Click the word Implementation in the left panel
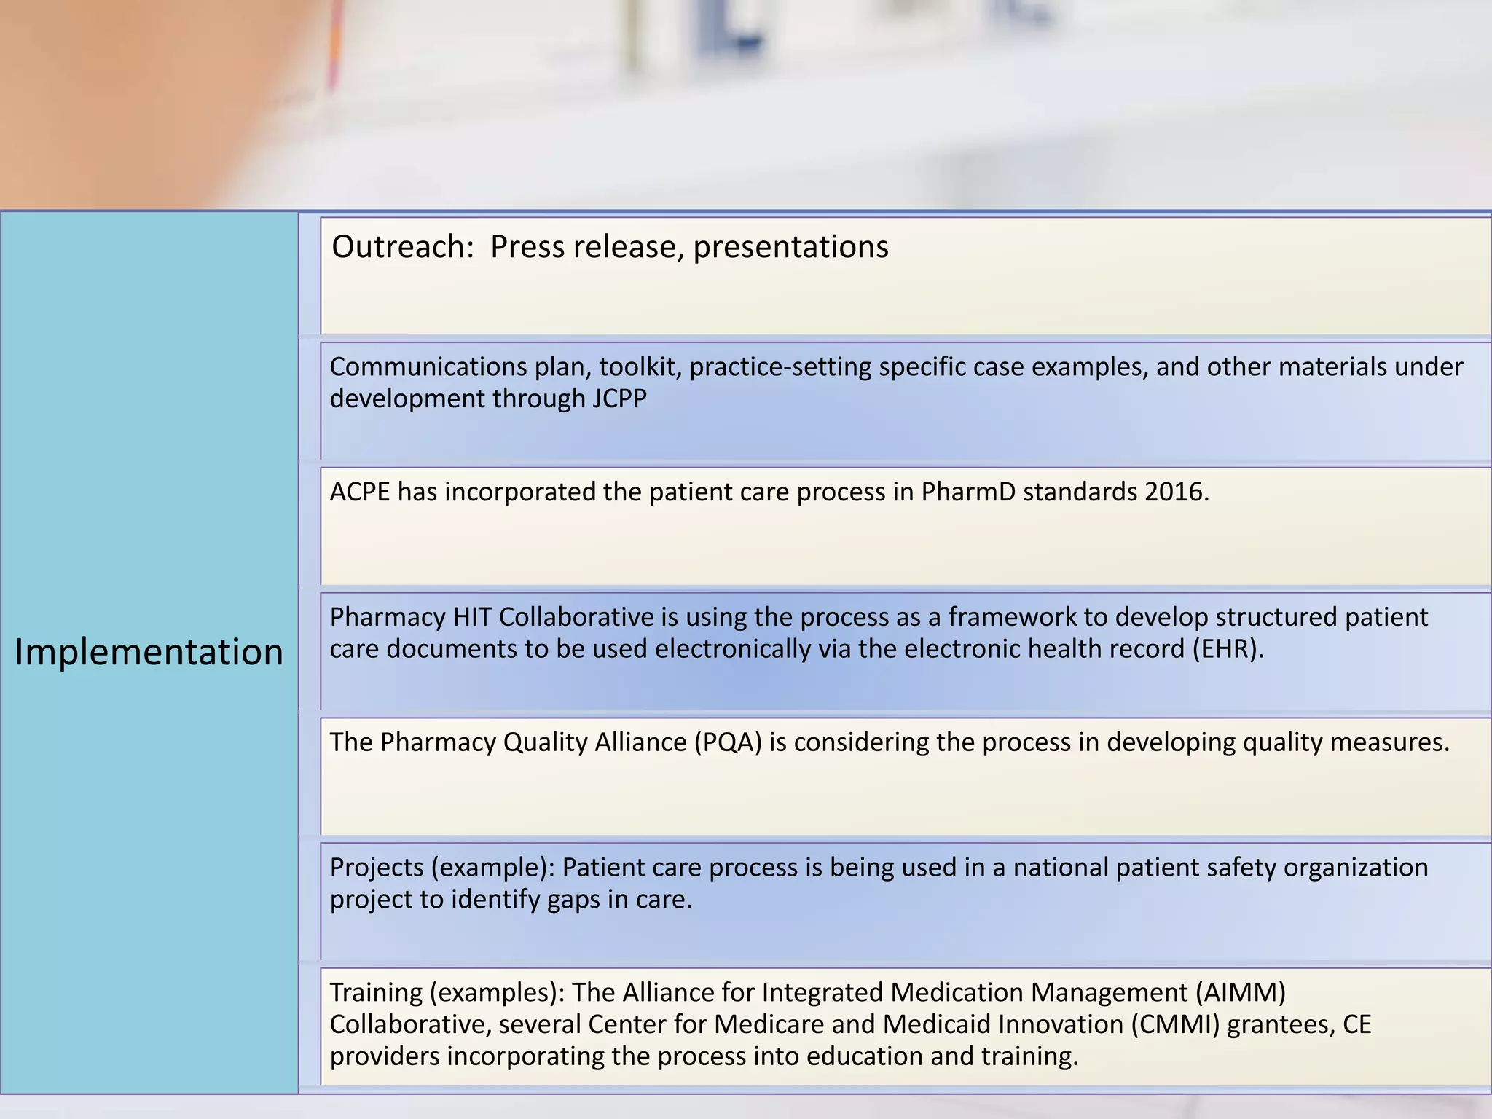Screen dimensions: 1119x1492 coord(149,651)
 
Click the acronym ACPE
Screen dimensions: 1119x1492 coord(359,492)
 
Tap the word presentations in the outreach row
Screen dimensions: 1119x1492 coord(790,247)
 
